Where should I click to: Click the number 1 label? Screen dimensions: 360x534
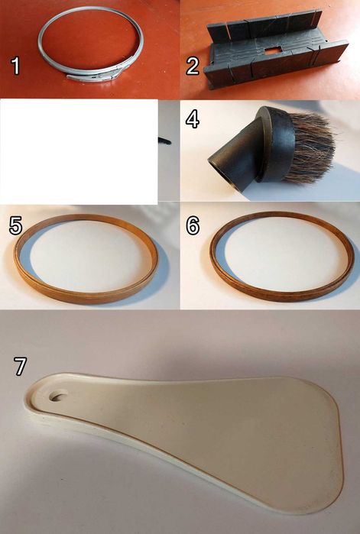click(x=15, y=66)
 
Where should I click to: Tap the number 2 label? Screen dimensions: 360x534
click(x=193, y=66)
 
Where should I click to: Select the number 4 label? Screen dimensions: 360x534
click(x=193, y=119)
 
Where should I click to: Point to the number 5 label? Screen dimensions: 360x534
click(x=15, y=225)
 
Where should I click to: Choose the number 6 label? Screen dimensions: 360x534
click(x=193, y=225)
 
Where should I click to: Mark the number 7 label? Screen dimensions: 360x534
click(x=20, y=366)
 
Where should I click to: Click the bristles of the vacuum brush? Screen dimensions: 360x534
click(x=313, y=147)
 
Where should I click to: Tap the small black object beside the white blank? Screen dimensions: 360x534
click(x=164, y=141)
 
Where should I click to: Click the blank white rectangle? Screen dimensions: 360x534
click(x=79, y=151)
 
